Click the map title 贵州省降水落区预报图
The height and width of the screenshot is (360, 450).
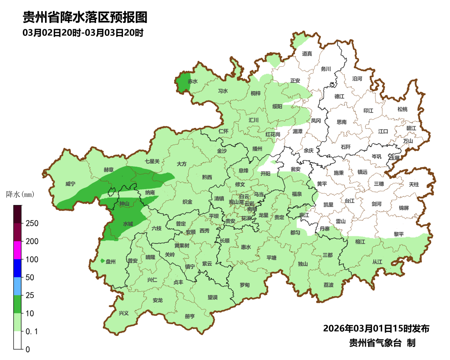(x=85, y=17)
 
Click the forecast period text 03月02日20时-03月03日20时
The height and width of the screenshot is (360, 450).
(x=83, y=32)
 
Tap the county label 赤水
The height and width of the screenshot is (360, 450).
(x=192, y=81)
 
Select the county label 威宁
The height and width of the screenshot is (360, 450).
(x=71, y=184)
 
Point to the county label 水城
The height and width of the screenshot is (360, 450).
(x=128, y=224)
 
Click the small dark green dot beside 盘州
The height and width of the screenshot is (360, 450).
(x=102, y=261)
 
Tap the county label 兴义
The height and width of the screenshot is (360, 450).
(x=124, y=313)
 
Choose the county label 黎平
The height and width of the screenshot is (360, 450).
(x=399, y=234)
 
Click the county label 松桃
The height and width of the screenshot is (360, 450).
(x=402, y=109)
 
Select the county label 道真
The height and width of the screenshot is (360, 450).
(x=307, y=53)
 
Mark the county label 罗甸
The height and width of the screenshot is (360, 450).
(x=245, y=285)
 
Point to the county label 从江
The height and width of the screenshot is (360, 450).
(x=377, y=262)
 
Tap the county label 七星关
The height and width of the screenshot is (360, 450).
(x=152, y=161)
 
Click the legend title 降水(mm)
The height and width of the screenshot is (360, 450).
(x=20, y=194)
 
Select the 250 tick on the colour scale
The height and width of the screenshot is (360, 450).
(x=32, y=223)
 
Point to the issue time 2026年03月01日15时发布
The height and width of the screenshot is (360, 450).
(x=376, y=328)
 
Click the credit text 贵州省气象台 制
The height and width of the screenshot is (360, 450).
(x=382, y=343)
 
